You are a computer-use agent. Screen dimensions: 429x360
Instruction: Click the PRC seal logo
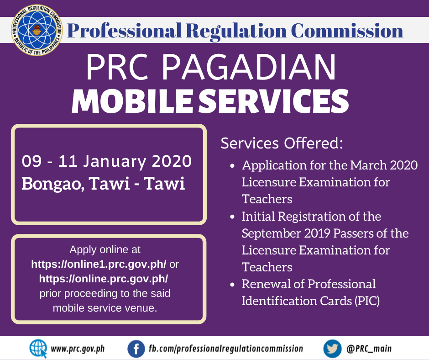[37, 30]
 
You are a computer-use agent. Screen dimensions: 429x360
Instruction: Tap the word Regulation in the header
[236, 31]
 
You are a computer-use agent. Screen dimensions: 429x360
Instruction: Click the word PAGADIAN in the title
[249, 67]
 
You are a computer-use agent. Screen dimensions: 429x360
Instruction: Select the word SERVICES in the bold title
[273, 101]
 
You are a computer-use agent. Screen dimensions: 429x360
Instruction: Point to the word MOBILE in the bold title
[131, 101]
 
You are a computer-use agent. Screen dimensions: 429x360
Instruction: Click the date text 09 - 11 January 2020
[107, 161]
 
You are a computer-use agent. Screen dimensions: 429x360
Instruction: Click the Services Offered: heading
[282, 143]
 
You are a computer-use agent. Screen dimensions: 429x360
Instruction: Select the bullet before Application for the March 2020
[233, 166]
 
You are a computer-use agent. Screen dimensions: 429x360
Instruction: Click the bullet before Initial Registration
[233, 217]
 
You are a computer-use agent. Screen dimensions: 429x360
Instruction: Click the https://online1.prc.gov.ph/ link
[99, 265]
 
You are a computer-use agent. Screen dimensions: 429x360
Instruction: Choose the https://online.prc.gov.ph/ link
[104, 279]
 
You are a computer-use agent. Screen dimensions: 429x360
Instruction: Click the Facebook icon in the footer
[136, 349]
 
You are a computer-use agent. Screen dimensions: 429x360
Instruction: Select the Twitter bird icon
[332, 349]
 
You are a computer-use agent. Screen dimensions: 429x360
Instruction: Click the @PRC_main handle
[369, 349]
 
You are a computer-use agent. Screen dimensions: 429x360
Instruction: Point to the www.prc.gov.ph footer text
[78, 349]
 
